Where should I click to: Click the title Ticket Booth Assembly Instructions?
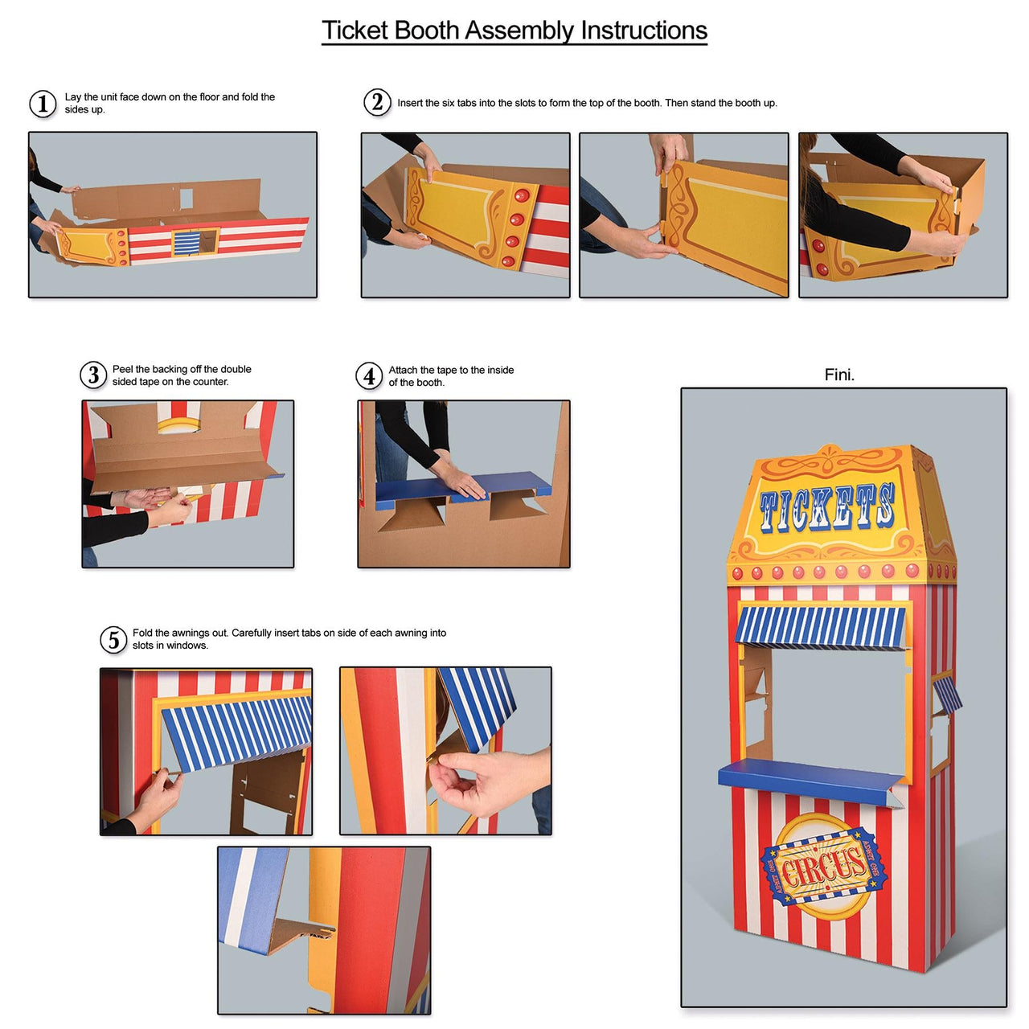click(x=514, y=31)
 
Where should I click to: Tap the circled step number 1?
click(x=43, y=104)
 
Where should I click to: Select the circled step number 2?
click(x=377, y=102)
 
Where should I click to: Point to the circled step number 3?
click(x=93, y=375)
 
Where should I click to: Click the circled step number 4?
click(x=369, y=375)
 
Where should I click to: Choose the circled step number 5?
click(x=113, y=640)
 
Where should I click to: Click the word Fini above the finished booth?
click(x=839, y=375)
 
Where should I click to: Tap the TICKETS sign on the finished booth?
click(x=826, y=509)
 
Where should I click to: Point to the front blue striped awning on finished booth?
click(x=820, y=627)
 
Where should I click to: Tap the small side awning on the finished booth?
click(x=947, y=693)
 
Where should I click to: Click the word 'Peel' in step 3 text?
click(x=123, y=369)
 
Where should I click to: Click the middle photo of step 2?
click(x=684, y=215)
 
